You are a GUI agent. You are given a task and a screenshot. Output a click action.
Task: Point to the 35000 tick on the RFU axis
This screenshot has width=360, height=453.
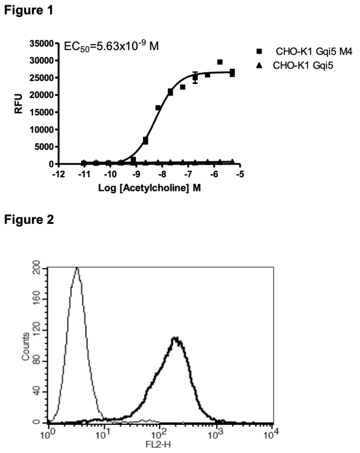click(42, 43)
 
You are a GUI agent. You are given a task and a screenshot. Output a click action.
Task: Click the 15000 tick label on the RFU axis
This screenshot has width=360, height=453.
click(42, 112)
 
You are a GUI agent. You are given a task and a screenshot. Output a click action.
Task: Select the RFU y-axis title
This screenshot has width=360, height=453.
click(18, 103)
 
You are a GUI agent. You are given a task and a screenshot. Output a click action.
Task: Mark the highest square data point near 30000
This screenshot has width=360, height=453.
click(220, 62)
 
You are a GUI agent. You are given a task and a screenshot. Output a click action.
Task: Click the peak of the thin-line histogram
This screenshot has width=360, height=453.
click(77, 268)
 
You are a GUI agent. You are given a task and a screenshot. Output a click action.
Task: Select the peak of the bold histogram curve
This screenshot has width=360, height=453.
click(175, 338)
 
